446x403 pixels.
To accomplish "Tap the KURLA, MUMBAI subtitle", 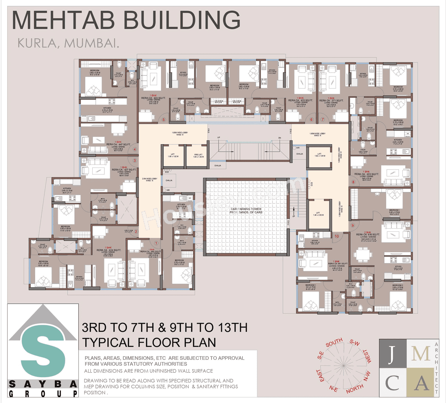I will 68,43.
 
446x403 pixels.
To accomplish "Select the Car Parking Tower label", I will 246,210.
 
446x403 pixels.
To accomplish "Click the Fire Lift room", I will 198,156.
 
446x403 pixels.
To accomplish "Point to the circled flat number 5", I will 163,120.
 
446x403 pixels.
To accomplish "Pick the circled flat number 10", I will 337,236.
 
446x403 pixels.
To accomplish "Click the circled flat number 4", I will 134,149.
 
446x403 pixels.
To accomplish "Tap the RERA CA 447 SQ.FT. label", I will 118,144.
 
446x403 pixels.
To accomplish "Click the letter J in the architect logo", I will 393,353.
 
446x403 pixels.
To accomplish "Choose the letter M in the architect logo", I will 421,353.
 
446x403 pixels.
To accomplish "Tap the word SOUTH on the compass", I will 334,343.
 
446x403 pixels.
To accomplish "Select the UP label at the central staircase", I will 219,137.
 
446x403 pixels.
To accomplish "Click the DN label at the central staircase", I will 279,138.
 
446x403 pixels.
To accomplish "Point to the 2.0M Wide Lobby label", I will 149,179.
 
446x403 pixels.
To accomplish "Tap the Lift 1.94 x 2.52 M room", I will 318,214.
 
